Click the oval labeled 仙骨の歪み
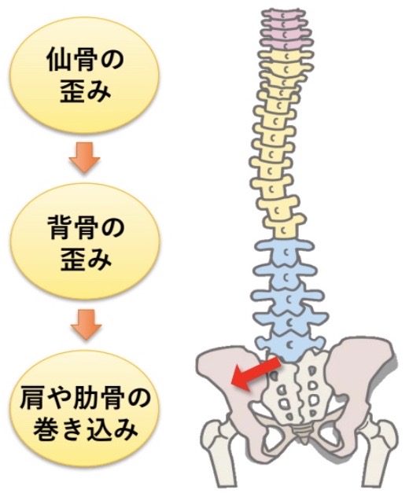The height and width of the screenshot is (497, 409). (84, 75)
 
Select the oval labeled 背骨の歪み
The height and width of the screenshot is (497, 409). (85, 242)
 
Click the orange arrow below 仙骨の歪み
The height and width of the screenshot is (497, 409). (84, 157)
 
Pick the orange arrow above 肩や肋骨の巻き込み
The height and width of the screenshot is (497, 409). (86, 325)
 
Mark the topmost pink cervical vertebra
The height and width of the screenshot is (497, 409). (285, 14)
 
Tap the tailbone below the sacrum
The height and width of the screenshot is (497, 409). (300, 433)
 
